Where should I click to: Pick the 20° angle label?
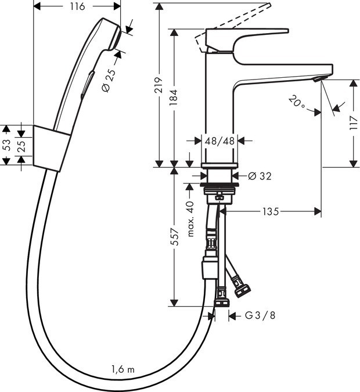[x=297, y=104]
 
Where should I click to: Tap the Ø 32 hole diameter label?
[x=260, y=175]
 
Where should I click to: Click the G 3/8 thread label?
[x=260, y=316]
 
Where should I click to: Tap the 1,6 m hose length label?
[x=123, y=369]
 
